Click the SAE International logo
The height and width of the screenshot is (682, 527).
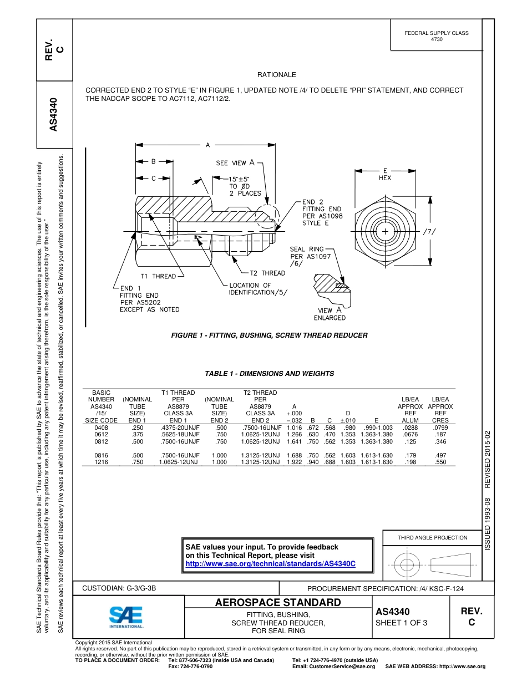click(x=126, y=617)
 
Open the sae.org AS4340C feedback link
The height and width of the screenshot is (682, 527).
click(x=270, y=563)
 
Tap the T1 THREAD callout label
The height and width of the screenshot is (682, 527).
click(x=158, y=276)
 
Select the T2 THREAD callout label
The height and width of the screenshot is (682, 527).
click(x=267, y=273)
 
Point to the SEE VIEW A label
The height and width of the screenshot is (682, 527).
click(x=235, y=163)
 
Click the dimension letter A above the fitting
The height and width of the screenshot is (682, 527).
click(x=207, y=145)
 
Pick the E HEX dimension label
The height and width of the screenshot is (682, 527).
click(x=384, y=174)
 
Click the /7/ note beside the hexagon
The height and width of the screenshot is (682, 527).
click(x=430, y=231)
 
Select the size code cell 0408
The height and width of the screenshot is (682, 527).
click(x=101, y=427)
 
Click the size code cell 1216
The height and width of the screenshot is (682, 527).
click(x=101, y=462)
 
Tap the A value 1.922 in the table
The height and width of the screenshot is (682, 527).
click(x=294, y=462)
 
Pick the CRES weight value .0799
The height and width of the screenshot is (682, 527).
click(x=440, y=427)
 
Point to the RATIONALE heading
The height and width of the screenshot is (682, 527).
click(x=276, y=75)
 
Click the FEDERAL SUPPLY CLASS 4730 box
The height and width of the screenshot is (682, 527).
click(x=436, y=36)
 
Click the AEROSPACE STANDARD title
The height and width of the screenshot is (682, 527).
click(x=277, y=603)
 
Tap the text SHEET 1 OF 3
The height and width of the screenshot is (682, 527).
click(x=401, y=623)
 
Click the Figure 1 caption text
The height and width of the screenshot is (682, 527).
click(x=269, y=335)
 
